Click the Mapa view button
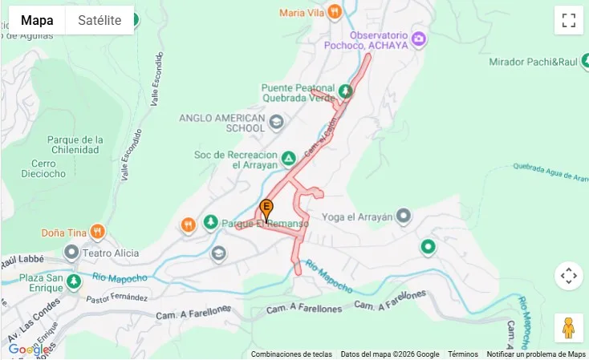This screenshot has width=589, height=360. (37, 20)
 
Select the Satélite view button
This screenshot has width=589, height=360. (100, 20)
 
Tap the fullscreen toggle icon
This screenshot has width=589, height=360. (568, 20)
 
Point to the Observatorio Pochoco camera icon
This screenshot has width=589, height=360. (418, 38)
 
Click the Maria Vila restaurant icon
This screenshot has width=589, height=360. (335, 12)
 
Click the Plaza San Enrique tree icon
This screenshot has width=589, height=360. (74, 281)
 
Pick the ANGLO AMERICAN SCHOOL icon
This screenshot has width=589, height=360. (277, 122)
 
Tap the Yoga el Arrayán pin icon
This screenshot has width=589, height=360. (404, 216)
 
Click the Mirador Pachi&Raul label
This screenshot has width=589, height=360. (544, 62)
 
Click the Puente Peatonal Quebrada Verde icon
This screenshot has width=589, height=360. (345, 92)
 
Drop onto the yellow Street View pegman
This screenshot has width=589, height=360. (568, 327)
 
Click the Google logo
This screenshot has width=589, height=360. (29, 350)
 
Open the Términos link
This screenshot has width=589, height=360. (463, 354)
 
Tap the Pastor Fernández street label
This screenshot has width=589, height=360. (117, 298)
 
